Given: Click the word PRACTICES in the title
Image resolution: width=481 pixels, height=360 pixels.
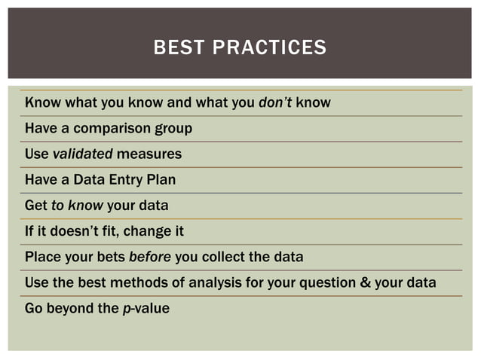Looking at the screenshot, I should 269,48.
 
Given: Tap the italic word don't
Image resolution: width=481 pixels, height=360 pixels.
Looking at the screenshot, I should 275,102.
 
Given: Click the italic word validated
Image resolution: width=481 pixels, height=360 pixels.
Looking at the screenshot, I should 82,154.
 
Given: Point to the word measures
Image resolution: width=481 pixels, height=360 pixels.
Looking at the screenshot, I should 149,154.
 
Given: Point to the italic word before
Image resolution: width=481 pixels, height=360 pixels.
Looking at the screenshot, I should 150,256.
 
